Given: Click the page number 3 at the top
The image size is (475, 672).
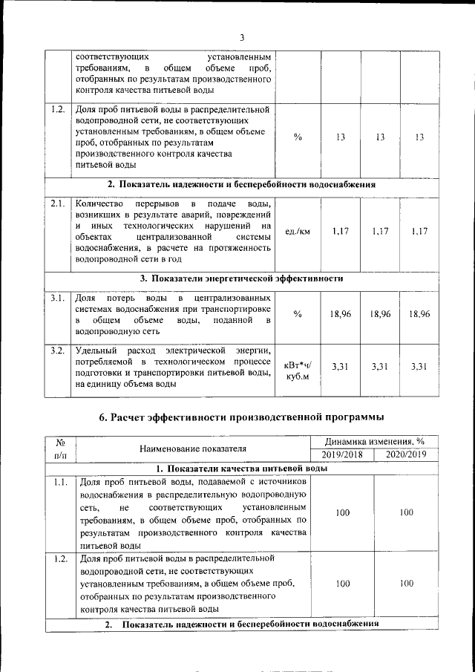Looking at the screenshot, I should [x=242, y=38].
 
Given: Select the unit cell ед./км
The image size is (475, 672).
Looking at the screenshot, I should [x=297, y=232].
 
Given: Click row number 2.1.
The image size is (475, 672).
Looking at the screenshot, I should [x=58, y=203].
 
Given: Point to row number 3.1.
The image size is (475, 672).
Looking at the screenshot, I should [x=58, y=298].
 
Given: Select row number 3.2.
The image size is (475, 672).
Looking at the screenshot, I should [x=58, y=350].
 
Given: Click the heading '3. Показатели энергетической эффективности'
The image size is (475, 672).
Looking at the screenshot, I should [x=242, y=279].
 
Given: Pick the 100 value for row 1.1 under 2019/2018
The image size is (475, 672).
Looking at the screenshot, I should [x=341, y=512].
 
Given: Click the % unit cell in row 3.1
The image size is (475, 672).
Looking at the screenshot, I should [x=297, y=314].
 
